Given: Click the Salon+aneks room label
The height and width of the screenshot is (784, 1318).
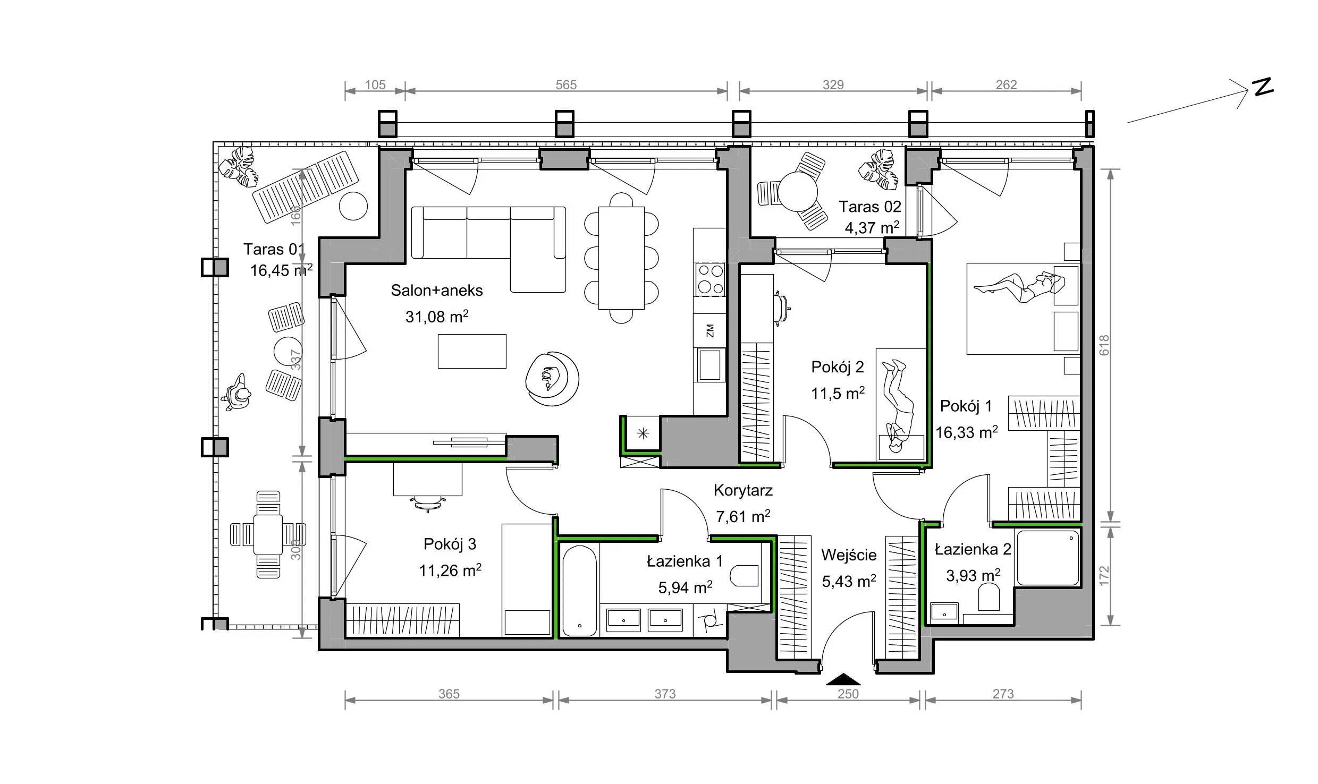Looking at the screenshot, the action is [x=437, y=291].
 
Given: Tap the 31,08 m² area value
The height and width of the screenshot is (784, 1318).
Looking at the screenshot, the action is [x=437, y=317].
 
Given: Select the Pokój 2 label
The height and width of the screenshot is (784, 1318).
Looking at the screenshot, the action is [x=838, y=367].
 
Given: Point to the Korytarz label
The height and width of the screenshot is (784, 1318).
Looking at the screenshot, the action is [x=743, y=491].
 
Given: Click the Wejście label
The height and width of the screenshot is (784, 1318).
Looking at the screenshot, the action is [x=849, y=556].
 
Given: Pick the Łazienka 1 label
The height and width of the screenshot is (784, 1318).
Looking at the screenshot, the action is [x=685, y=561].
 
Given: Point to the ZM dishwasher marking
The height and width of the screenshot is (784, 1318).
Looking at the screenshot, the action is [x=709, y=331].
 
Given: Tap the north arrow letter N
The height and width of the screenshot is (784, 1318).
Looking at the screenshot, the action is [x=1264, y=87].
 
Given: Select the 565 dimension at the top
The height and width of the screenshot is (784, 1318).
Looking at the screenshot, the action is [x=566, y=85].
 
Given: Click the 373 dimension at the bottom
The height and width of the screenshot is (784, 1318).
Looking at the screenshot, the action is [x=665, y=694].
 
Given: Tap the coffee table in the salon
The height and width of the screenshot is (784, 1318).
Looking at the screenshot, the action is [x=472, y=351].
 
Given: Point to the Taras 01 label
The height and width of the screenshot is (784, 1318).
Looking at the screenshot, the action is [x=274, y=249].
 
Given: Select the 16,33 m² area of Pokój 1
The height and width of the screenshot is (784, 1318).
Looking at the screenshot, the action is [x=966, y=432].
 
